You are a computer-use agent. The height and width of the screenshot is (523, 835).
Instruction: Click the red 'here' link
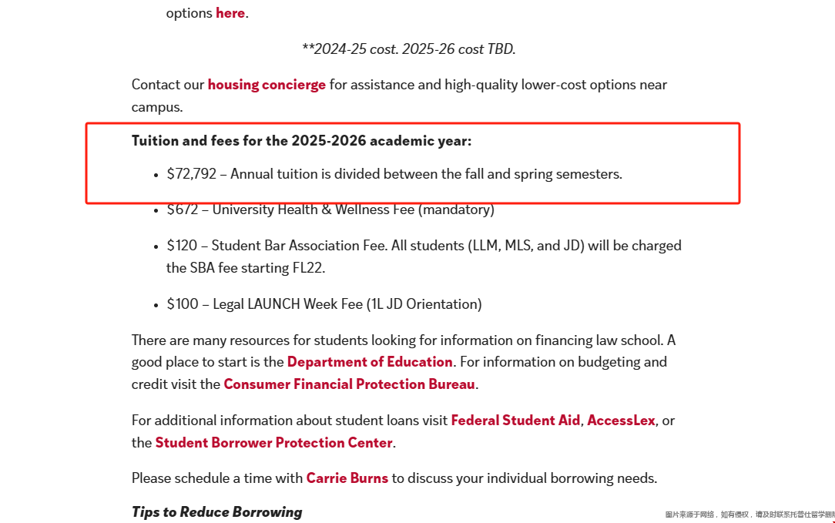pyautogui.click(x=230, y=13)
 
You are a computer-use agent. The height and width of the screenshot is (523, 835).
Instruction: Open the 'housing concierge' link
pyautogui.click(x=267, y=85)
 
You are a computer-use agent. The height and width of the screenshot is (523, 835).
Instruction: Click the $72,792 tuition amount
pyautogui.click(x=191, y=174)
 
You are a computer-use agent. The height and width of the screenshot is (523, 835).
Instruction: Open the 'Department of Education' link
pyautogui.click(x=370, y=362)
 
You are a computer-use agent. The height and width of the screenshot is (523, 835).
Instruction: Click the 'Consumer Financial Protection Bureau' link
pyautogui.click(x=349, y=384)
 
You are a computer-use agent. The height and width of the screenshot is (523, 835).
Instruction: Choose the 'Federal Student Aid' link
pyautogui.click(x=515, y=421)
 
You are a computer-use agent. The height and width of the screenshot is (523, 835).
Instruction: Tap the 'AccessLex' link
pyautogui.click(x=621, y=421)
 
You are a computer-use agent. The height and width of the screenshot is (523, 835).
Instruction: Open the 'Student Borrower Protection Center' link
pyautogui.click(x=273, y=443)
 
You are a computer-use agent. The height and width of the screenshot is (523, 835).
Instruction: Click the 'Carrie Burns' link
pyautogui.click(x=347, y=478)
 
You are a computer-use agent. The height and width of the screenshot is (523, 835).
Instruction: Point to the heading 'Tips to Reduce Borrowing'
pyautogui.click(x=216, y=512)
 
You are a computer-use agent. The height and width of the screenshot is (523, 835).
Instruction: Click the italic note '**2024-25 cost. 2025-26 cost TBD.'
pyautogui.click(x=408, y=49)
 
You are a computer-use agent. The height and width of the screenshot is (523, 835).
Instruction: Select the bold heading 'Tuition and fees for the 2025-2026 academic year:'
pyautogui.click(x=301, y=141)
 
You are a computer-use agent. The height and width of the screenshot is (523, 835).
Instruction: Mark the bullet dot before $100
pyautogui.click(x=156, y=305)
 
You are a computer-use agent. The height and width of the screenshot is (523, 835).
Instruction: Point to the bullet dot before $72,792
pyautogui.click(x=156, y=175)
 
